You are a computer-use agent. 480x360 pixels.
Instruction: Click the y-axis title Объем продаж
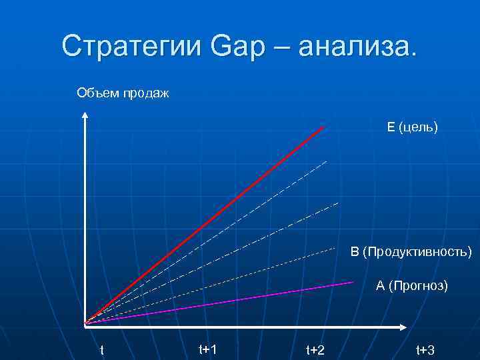[x=123, y=92]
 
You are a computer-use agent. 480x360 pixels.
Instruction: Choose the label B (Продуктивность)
[x=411, y=252]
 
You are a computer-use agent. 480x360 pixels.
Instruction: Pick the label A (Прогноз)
[x=411, y=286]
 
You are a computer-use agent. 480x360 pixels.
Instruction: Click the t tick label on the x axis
[x=101, y=350]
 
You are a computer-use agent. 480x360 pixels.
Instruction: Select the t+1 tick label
[x=208, y=349]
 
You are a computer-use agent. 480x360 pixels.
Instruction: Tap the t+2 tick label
[x=315, y=350]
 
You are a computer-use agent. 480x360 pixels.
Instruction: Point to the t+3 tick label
[x=425, y=350]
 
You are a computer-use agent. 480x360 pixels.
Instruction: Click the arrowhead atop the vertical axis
[x=86, y=116]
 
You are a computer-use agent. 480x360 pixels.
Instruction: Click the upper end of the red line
[x=323, y=127]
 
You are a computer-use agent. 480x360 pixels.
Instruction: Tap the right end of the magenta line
[x=351, y=283]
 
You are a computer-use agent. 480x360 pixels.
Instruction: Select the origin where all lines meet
[x=86, y=324]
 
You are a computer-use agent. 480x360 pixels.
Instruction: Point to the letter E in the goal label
[x=390, y=127]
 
